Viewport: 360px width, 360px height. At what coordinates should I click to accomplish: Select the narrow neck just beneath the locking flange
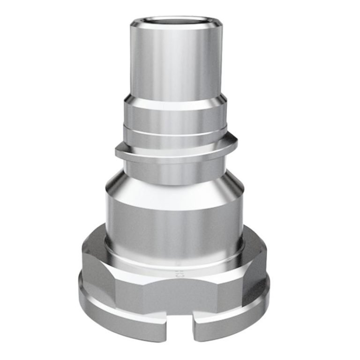[x=174, y=164]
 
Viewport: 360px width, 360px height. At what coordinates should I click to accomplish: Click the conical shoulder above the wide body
[x=174, y=185]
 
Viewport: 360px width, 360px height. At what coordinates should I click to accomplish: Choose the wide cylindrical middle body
[x=174, y=220]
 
